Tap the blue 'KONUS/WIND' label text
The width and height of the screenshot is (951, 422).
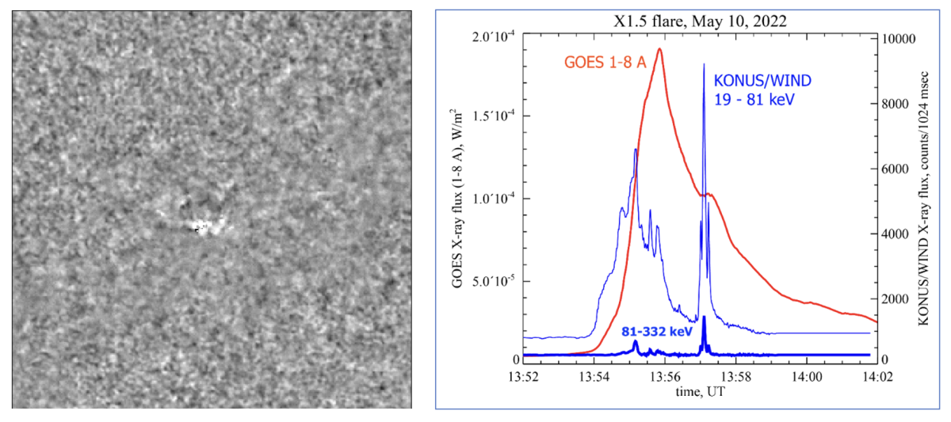[x=763, y=81]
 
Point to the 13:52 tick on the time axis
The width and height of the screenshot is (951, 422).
[x=525, y=375]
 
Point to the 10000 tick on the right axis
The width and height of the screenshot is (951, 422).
[x=900, y=39]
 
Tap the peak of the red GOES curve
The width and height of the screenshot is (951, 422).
[x=659, y=49]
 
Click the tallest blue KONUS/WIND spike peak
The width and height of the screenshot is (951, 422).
[x=704, y=65]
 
